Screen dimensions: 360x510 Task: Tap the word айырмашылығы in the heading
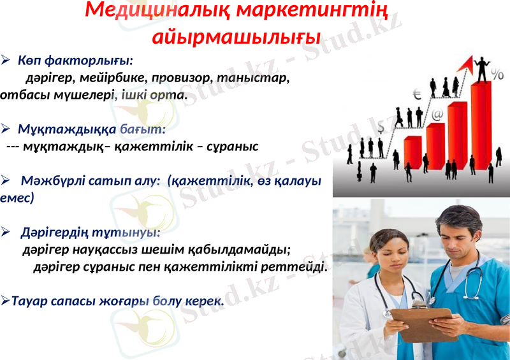[x=237, y=36]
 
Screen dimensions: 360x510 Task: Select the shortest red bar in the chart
[x=413, y=151]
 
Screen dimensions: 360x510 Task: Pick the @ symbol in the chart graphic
[x=437, y=115]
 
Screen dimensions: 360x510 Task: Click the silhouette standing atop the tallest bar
[x=481, y=69]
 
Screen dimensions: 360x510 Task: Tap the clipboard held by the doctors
[x=421, y=322]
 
